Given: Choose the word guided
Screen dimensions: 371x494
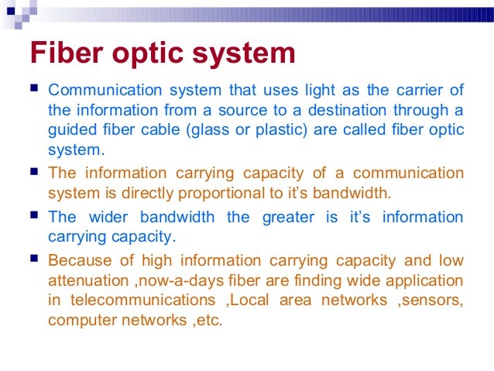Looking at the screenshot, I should coord(72,129).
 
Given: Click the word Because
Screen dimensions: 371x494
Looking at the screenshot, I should coord(80,261).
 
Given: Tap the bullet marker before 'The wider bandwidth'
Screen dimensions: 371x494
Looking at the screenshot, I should coord(36,216).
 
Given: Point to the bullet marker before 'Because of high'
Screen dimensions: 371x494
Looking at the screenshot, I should coord(36,259).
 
